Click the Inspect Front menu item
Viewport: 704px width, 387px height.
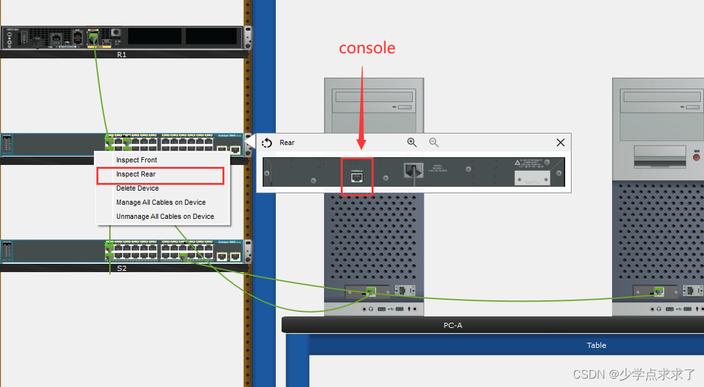(136, 160)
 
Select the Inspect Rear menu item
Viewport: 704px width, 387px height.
(136, 174)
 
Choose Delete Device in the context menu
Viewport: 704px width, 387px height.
(137, 188)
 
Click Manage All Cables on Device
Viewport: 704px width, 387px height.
(161, 202)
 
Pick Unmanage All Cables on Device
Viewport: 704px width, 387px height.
(165, 216)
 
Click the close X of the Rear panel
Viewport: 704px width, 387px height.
(561, 142)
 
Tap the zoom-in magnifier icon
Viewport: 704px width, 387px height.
(411, 142)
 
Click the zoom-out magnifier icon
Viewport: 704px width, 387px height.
(434, 142)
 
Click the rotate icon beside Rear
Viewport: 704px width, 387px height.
(267, 143)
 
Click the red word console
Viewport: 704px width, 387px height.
(367, 48)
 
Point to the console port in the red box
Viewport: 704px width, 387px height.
(357, 178)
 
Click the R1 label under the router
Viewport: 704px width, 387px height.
(122, 55)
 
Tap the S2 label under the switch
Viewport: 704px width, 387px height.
(122, 268)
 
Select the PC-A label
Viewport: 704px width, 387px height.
(453, 325)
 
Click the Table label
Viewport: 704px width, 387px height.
(596, 345)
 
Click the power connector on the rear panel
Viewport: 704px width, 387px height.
(412, 171)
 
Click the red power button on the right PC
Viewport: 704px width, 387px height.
(696, 157)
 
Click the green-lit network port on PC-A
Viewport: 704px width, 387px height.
(371, 291)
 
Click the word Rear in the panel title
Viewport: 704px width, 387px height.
(287, 142)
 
